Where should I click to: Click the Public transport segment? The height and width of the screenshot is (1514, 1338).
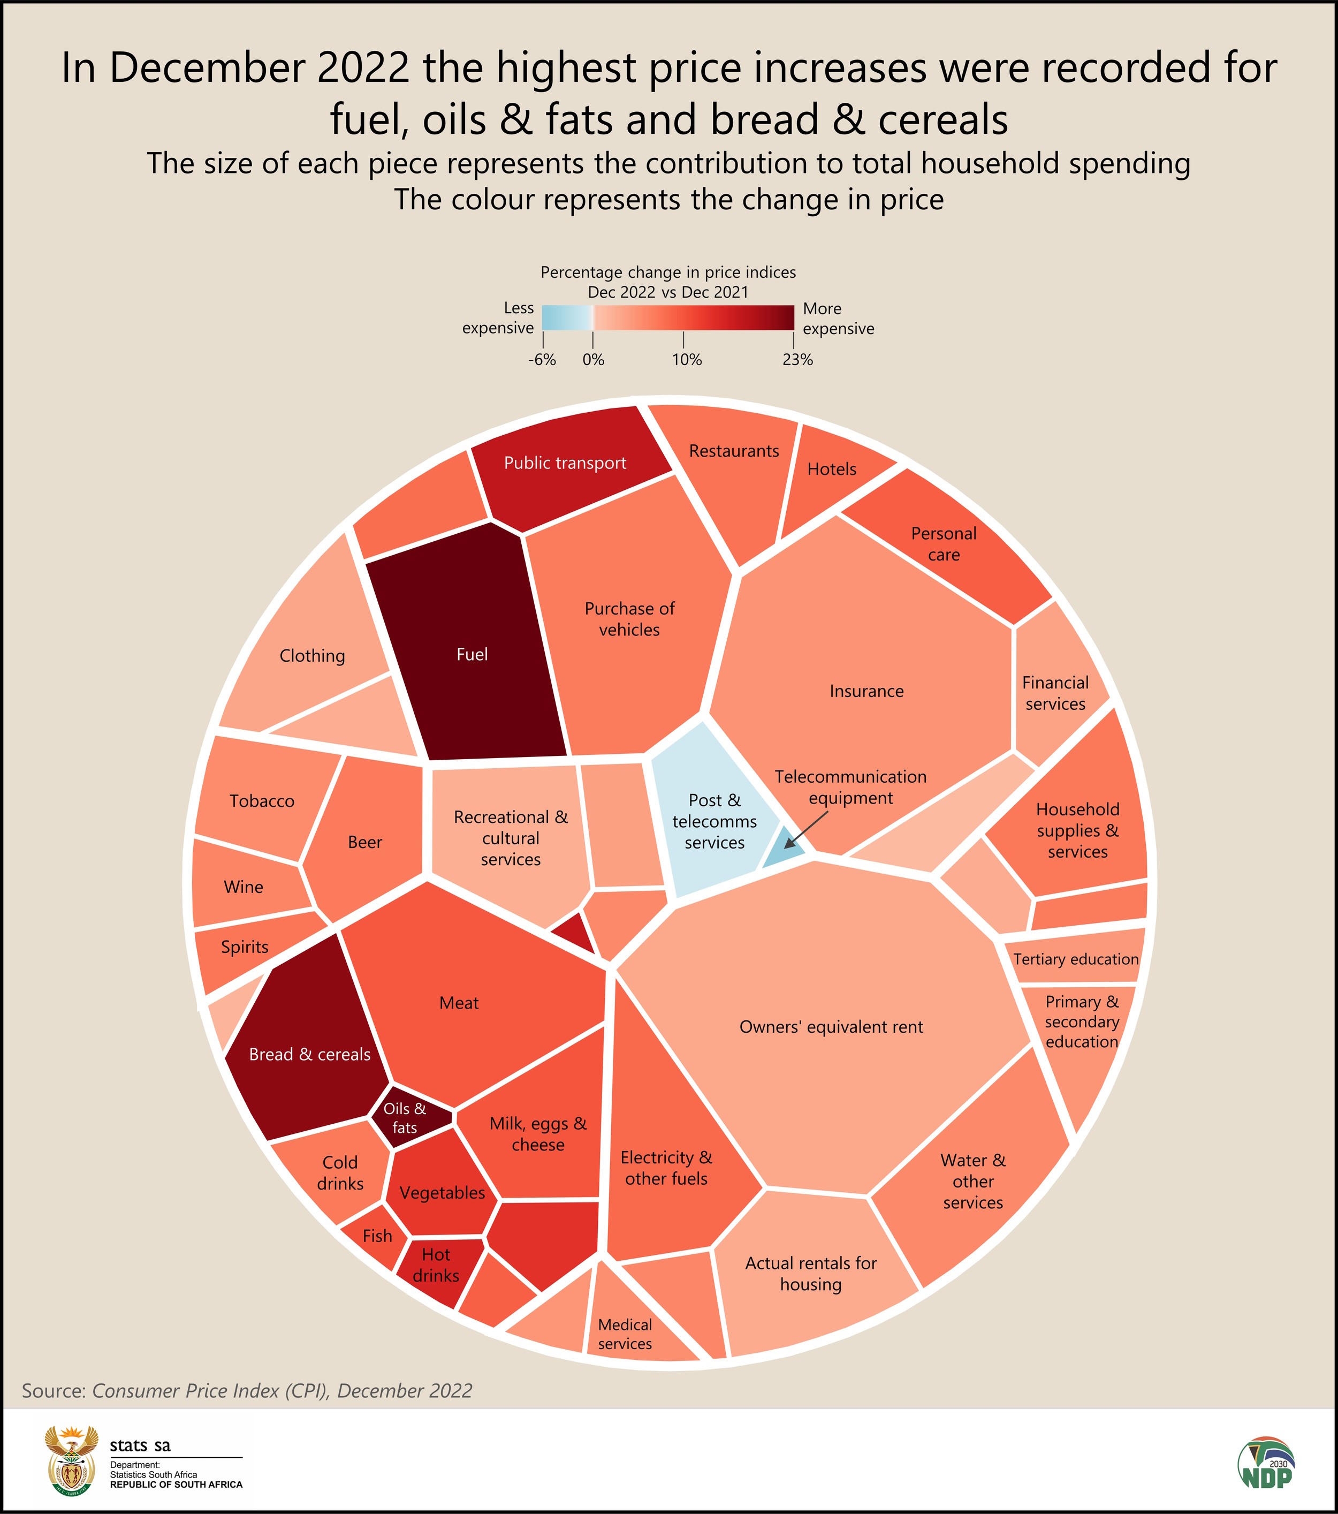[566, 464]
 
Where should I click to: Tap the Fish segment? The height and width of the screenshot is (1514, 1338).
[377, 1236]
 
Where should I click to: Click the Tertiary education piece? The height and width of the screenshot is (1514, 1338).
[1075, 959]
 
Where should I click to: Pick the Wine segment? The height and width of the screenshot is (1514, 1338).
[244, 887]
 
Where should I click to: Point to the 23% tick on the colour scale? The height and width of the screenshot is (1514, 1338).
[794, 340]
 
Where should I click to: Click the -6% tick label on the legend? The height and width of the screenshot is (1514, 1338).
[542, 360]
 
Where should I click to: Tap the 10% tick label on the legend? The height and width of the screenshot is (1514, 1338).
[687, 360]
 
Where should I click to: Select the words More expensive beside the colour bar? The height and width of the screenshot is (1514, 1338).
[838, 319]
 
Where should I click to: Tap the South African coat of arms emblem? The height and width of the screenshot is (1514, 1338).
[71, 1460]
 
